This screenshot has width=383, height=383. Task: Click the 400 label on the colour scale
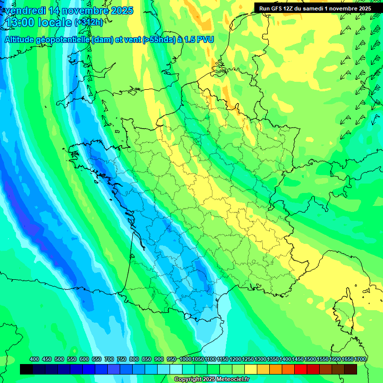tap(34, 359)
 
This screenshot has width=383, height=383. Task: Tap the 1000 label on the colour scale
tap(185, 359)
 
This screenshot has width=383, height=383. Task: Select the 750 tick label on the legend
tap(122, 359)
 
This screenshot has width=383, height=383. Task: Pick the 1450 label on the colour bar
tap(298, 359)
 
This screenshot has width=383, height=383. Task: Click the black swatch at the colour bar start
tap(26, 369)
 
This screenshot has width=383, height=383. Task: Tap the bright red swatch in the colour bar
tap(300, 369)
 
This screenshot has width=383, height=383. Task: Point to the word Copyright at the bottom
tap(188, 380)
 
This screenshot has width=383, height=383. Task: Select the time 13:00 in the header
tap(18, 22)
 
